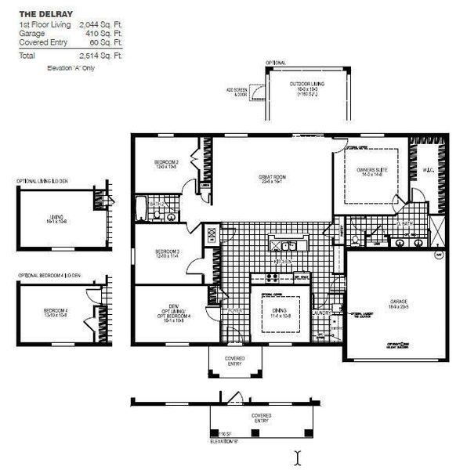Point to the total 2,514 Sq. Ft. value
coord(101,56)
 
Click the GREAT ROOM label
coord(272,178)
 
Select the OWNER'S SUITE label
coord(371,171)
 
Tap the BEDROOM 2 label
coord(167,164)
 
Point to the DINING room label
coord(280,313)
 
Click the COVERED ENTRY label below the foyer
coord(235,361)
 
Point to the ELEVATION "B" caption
coord(223,443)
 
